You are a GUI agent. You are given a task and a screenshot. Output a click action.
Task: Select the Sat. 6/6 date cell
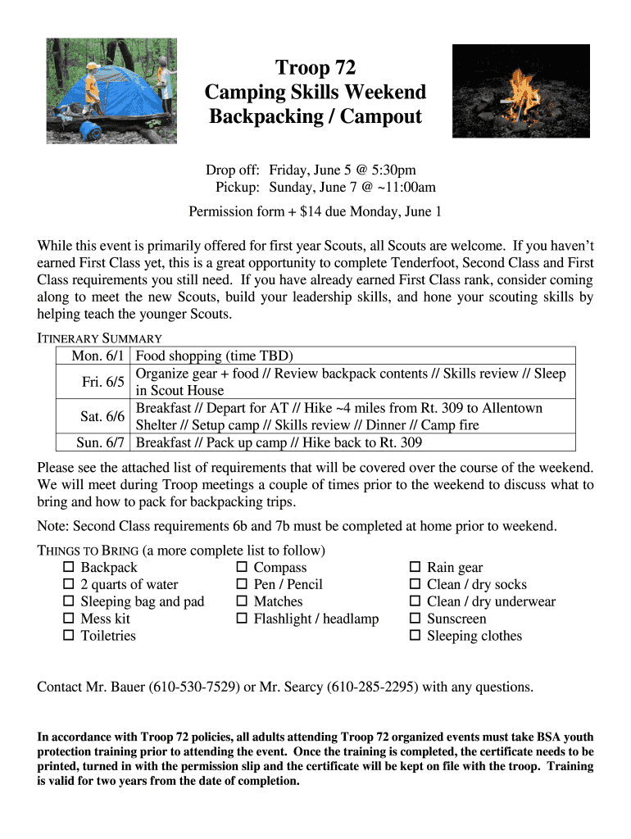pyautogui.click(x=102, y=416)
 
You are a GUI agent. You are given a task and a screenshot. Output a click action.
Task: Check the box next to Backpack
pyautogui.click(x=69, y=567)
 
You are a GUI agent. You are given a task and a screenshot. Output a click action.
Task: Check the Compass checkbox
pyautogui.click(x=242, y=567)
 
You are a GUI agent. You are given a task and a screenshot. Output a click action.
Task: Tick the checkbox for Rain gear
pyautogui.click(x=415, y=567)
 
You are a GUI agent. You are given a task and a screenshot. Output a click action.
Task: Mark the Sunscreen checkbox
pyautogui.click(x=415, y=619)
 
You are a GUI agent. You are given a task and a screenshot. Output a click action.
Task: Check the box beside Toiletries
pyautogui.click(x=69, y=636)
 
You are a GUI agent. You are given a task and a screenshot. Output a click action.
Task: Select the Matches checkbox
pyautogui.click(x=242, y=601)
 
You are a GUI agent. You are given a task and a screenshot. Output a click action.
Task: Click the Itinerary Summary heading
pyautogui.click(x=100, y=338)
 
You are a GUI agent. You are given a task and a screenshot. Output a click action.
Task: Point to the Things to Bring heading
pyautogui.click(x=89, y=550)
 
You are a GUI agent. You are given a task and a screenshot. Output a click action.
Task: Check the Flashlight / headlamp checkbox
pyautogui.click(x=242, y=619)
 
